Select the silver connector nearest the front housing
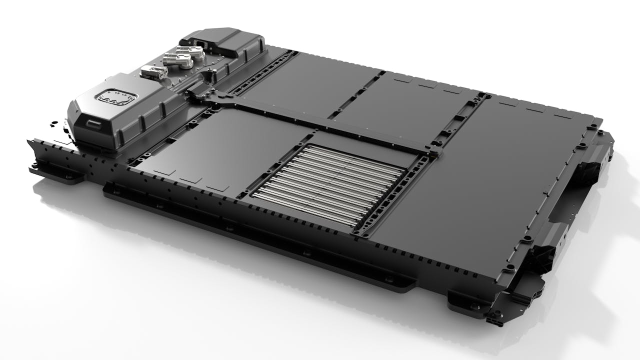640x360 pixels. click(x=153, y=72)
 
